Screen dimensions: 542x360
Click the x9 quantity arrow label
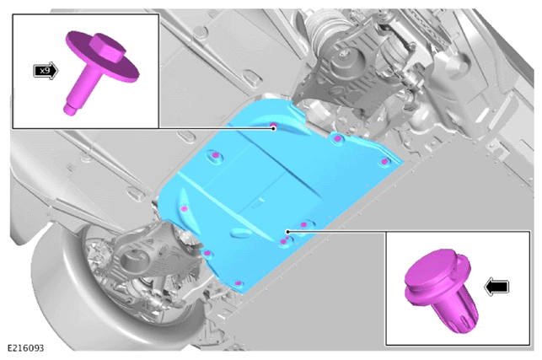click(x=46, y=71)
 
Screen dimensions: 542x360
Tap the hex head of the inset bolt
click(x=108, y=48)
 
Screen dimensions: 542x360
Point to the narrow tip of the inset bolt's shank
click(x=70, y=109)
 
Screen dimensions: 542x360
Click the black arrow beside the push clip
click(x=496, y=287)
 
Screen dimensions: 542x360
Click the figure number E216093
click(x=25, y=348)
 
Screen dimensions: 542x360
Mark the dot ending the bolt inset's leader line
click(x=274, y=128)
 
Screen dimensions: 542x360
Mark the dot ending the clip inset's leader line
click(x=287, y=231)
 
